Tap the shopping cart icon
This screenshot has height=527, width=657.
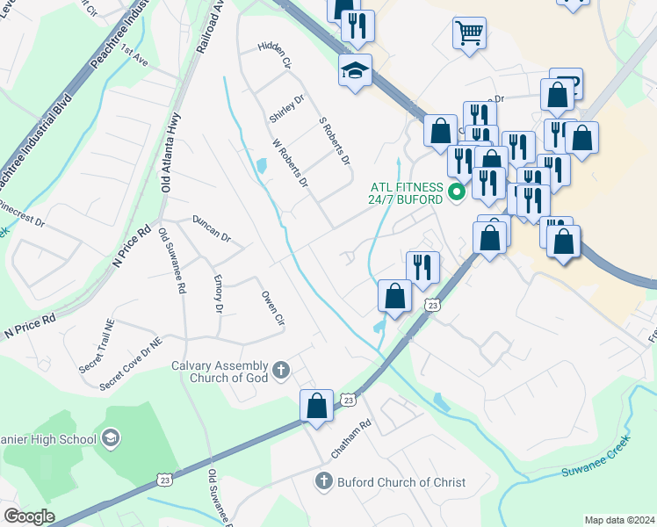click(469, 33)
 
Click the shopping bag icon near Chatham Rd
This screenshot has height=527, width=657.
click(316, 406)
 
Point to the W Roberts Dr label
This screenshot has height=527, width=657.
click(290, 162)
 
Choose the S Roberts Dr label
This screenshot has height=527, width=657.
click(334, 141)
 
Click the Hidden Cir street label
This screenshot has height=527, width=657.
click(273, 54)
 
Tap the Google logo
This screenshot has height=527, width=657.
click(29, 516)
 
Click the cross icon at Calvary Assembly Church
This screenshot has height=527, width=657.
click(280, 370)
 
